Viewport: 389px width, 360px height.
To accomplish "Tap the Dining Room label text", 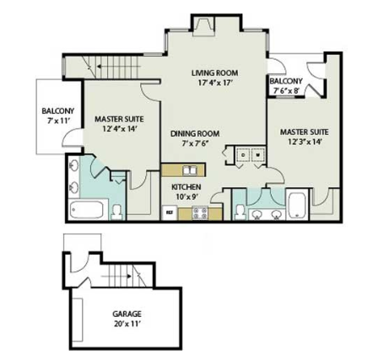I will (195, 133).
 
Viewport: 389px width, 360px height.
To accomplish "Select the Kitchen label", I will (186, 186).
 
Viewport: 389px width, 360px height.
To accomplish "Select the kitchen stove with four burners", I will (201, 213).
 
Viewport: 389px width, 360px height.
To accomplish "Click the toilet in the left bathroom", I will (118, 208).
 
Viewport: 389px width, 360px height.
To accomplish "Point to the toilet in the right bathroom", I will (240, 210).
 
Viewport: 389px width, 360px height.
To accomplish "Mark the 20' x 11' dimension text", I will (127, 323).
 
